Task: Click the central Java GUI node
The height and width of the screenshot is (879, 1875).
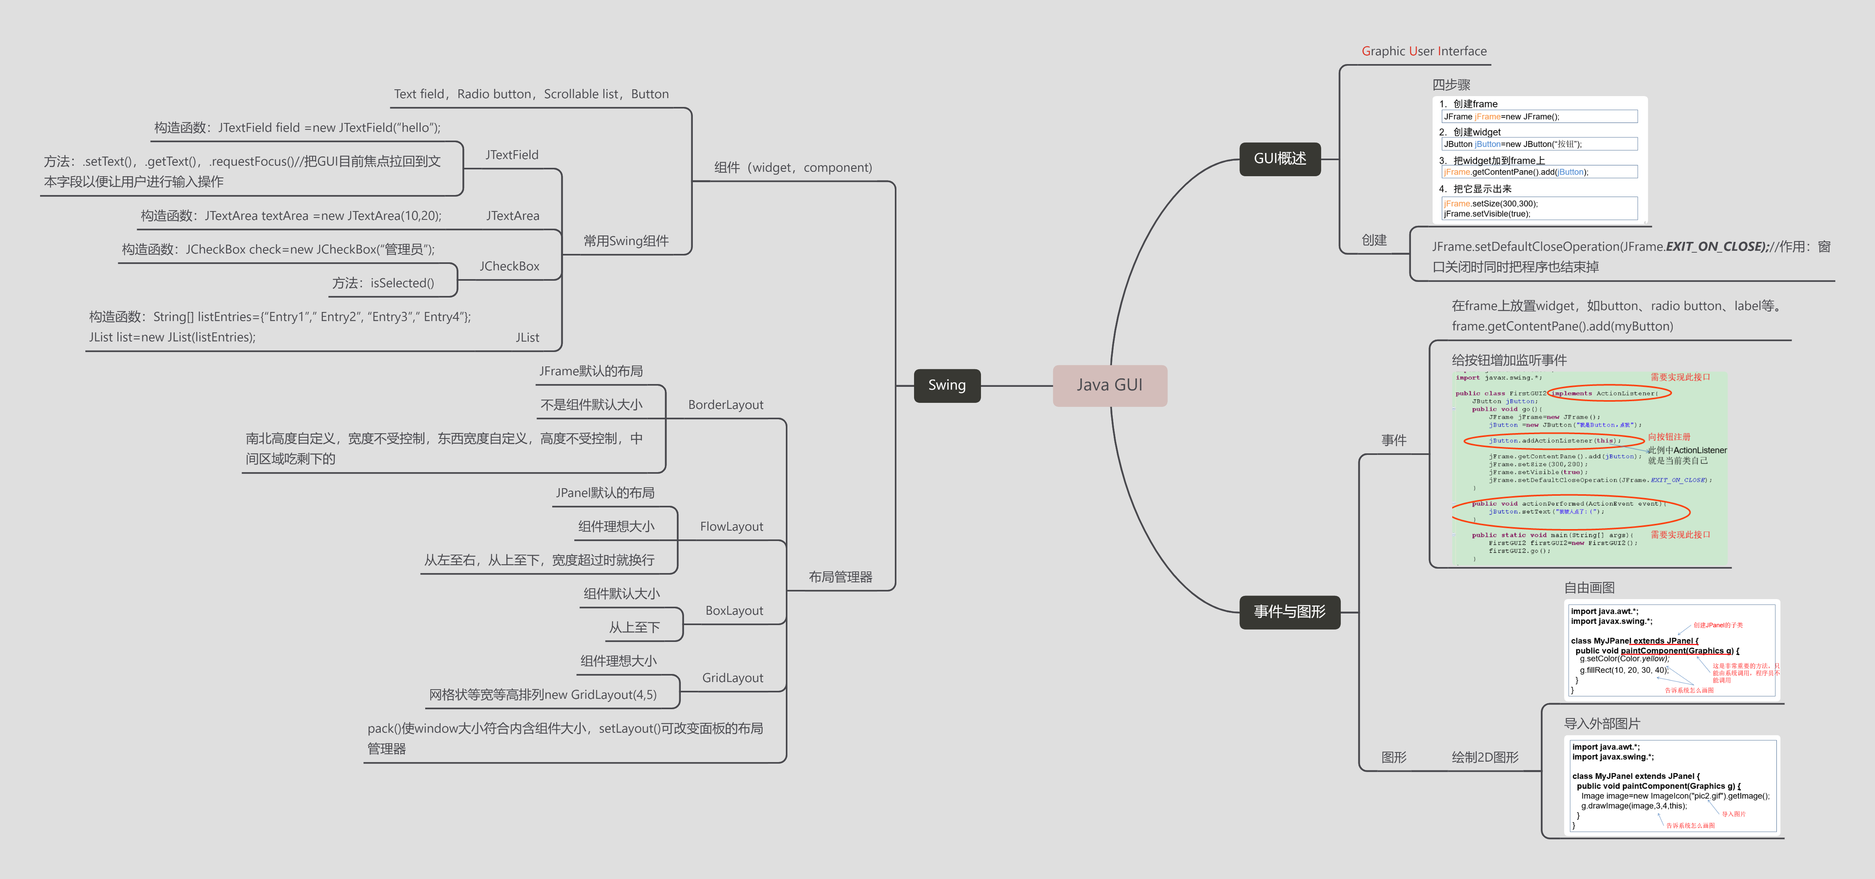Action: coord(1109,385)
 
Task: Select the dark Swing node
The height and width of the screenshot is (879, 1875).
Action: coord(946,385)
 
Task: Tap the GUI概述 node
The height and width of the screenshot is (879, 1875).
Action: coord(1280,159)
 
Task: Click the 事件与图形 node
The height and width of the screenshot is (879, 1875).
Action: coord(1289,611)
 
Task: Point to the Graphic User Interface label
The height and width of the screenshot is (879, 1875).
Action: coord(1424,51)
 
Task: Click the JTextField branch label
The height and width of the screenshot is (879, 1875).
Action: coord(512,155)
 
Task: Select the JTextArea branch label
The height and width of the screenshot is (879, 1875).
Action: coord(513,215)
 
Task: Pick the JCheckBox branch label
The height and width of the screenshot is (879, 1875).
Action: coord(509,266)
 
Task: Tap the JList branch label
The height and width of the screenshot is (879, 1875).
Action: coord(527,337)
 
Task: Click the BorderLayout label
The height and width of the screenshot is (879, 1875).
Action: coord(725,404)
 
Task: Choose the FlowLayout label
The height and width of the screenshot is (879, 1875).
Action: coord(731,526)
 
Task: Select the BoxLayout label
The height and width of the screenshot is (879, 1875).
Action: coord(734,611)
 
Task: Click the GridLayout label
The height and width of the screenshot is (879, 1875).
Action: coord(732,678)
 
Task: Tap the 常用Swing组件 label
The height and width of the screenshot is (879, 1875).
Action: coord(625,241)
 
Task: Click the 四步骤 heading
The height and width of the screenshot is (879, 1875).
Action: coord(1451,84)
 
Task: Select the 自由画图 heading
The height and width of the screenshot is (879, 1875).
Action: coord(1589,587)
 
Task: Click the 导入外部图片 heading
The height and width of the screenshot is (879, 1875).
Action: coord(1601,723)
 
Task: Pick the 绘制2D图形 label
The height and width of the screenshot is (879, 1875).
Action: coord(1485,757)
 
